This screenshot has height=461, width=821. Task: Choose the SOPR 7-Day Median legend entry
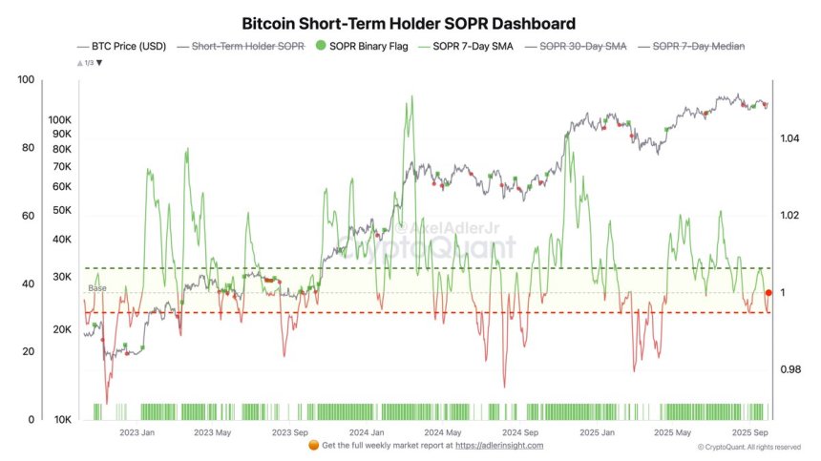[x=697, y=46]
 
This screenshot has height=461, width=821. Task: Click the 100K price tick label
[x=60, y=120]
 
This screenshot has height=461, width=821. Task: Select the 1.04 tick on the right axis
[x=789, y=139]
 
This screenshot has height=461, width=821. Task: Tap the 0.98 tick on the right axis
[x=789, y=369]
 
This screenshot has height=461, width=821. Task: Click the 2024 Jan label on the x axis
[x=367, y=431]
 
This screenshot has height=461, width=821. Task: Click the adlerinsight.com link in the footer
[x=499, y=446]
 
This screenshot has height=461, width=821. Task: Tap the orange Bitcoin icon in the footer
[x=315, y=445]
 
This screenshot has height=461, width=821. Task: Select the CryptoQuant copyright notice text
[x=748, y=447]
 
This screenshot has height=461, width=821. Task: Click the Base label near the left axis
[x=96, y=288]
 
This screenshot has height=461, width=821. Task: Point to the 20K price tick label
[x=63, y=329]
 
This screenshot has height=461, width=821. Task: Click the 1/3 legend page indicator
[x=88, y=62]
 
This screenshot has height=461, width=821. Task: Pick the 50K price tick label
[x=63, y=210]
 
